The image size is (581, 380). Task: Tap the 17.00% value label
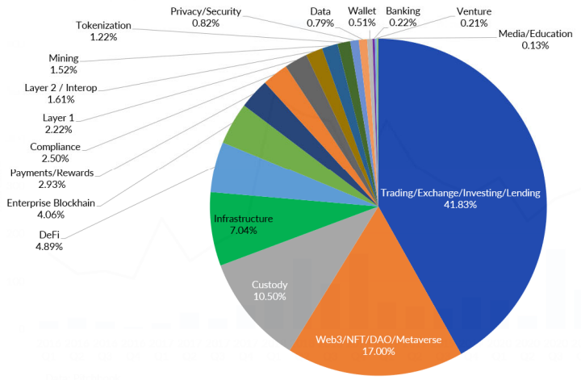378,352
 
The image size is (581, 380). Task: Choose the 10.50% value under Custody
270,297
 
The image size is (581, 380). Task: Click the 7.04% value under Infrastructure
243,230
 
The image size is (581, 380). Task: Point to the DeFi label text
48,234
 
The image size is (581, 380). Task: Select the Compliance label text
55,147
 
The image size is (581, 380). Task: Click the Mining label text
63,58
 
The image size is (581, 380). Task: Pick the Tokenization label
102,26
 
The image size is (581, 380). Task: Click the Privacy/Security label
206,11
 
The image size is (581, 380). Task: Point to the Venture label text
474,12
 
